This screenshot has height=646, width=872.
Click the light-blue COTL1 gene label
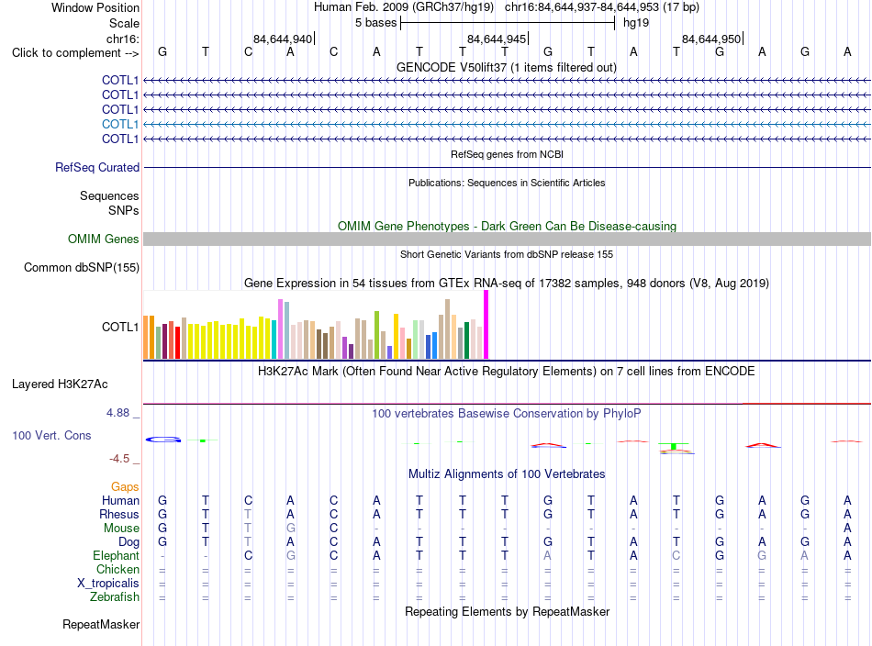120,124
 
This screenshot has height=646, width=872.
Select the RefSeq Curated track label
97,167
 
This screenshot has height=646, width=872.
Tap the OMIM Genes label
104,239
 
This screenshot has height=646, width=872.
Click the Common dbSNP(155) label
82,267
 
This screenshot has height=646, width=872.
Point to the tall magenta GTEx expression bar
486,325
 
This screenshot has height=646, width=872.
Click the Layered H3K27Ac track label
60,384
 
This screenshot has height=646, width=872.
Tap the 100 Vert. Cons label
51,435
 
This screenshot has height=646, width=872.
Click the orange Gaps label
125,487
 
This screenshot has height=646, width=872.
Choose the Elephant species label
117,556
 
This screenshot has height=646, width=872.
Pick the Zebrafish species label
115,597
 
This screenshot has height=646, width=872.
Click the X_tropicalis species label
108,584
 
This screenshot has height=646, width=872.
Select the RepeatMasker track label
101,624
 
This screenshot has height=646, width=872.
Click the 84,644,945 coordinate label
497,39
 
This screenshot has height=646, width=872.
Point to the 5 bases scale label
376,23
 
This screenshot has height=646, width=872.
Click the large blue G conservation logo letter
163,440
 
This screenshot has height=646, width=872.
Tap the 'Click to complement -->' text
75,53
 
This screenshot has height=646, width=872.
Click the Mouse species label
121,529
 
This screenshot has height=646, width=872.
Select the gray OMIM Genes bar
507,239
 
